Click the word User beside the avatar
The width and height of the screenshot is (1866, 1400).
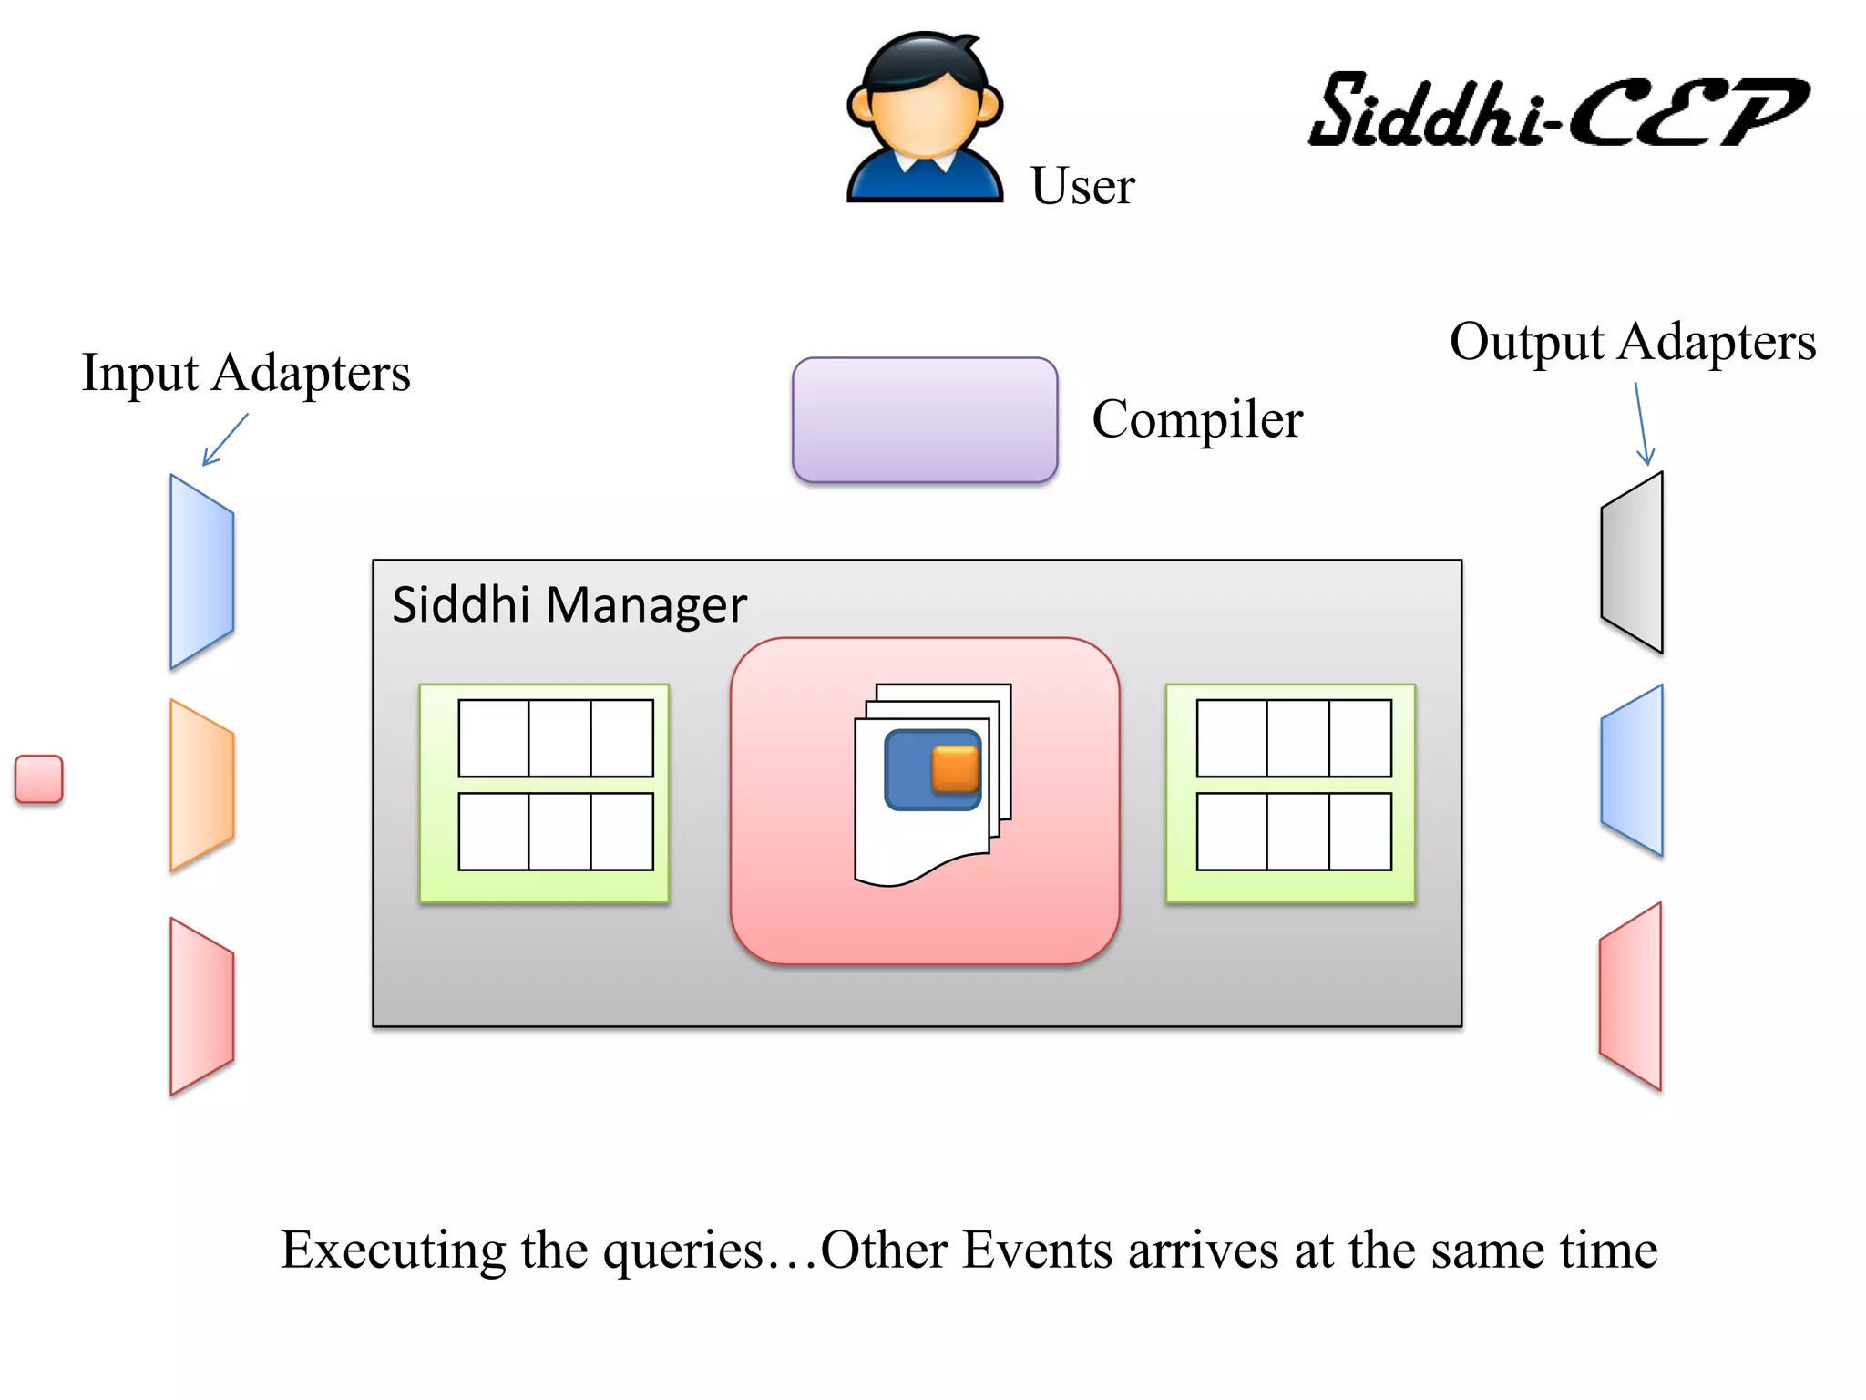click(1082, 186)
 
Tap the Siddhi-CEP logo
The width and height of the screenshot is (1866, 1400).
click(1558, 111)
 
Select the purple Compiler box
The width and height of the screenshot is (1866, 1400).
click(924, 419)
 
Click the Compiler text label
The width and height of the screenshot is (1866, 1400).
click(1196, 419)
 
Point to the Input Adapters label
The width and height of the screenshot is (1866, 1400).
click(246, 373)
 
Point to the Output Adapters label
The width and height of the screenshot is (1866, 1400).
click(1632, 342)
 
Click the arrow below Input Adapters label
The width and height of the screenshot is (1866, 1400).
click(224, 439)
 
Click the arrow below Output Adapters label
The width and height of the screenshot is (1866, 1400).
click(1642, 424)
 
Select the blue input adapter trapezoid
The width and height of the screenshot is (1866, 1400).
click(201, 571)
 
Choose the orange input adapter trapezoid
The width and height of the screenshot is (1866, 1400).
click(201, 785)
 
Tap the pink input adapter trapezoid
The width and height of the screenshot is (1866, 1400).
click(201, 1005)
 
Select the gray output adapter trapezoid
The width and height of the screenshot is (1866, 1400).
click(1633, 562)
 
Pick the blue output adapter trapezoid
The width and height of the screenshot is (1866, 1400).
click(1633, 770)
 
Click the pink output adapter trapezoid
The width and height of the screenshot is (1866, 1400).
click(1631, 996)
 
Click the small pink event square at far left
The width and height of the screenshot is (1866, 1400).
click(39, 779)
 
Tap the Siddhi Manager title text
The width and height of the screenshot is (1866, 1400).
click(569, 604)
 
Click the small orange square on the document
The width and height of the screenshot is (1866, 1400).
click(955, 768)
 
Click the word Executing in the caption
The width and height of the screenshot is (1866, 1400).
click(393, 1250)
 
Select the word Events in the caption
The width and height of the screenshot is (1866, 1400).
click(1037, 1250)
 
